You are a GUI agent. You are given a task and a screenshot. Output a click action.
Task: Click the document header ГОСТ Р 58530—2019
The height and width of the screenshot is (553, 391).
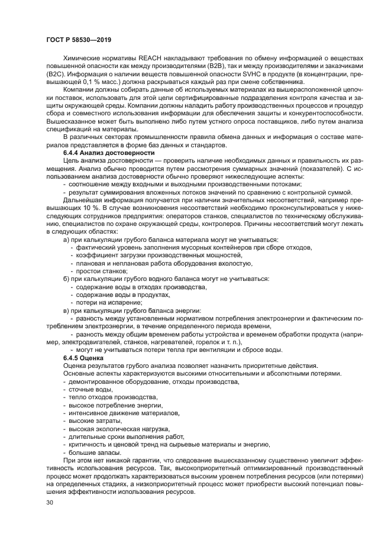click(78, 39)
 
